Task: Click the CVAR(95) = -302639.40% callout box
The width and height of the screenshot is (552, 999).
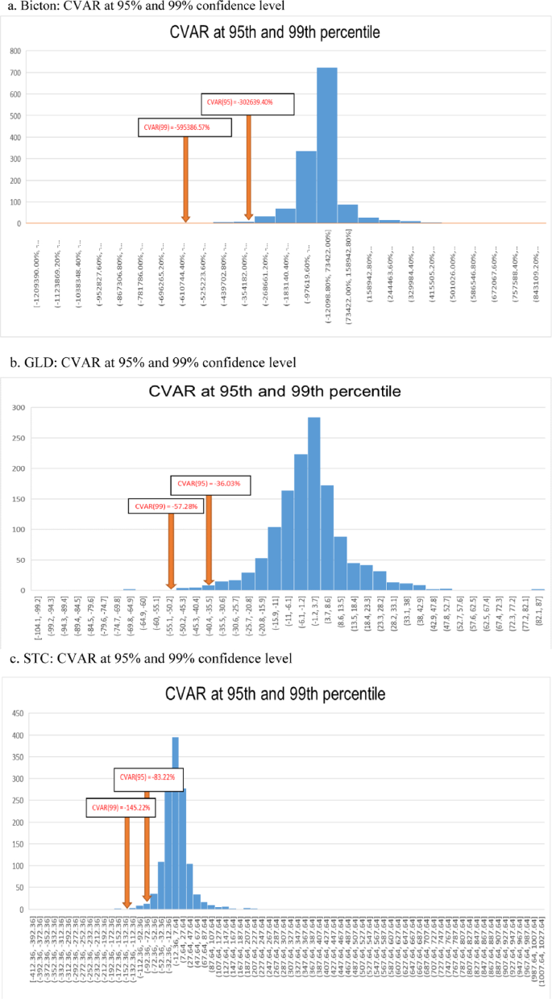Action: (x=247, y=103)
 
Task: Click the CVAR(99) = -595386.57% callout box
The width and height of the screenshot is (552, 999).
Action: (x=185, y=127)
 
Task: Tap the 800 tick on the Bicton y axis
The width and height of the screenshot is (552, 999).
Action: (x=15, y=50)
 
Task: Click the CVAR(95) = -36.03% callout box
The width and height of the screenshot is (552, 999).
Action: (x=210, y=485)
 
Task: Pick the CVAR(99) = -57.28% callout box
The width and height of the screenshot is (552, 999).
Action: (x=166, y=506)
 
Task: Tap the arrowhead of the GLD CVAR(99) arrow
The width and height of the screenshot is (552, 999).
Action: (x=171, y=585)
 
